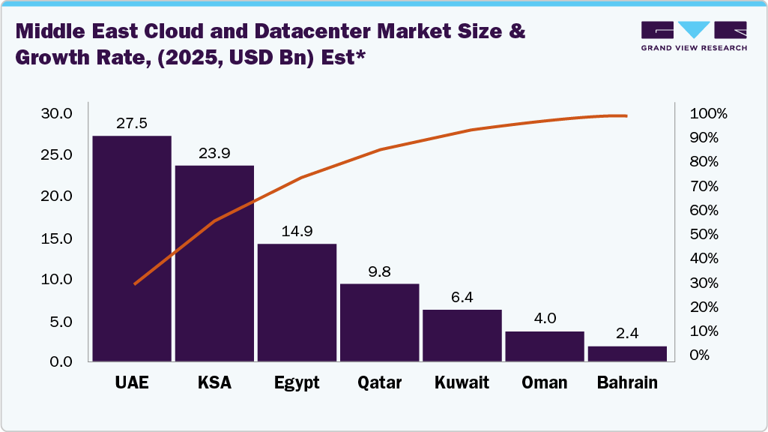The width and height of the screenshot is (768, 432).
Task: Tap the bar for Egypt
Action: click(x=297, y=303)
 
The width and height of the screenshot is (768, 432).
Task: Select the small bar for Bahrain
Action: click(x=627, y=354)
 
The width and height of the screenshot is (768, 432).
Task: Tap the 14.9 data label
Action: click(x=297, y=231)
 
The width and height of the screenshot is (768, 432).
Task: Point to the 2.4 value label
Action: click(x=627, y=334)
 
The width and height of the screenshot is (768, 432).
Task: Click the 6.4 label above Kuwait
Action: click(x=462, y=297)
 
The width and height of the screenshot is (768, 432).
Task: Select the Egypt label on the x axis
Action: click(x=297, y=383)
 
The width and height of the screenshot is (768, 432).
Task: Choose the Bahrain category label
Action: click(x=627, y=383)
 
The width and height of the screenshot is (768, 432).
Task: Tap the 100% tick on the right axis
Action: click(x=707, y=114)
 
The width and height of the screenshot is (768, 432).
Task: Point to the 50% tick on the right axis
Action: click(x=704, y=235)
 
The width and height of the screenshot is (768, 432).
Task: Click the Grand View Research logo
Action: click(x=694, y=36)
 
